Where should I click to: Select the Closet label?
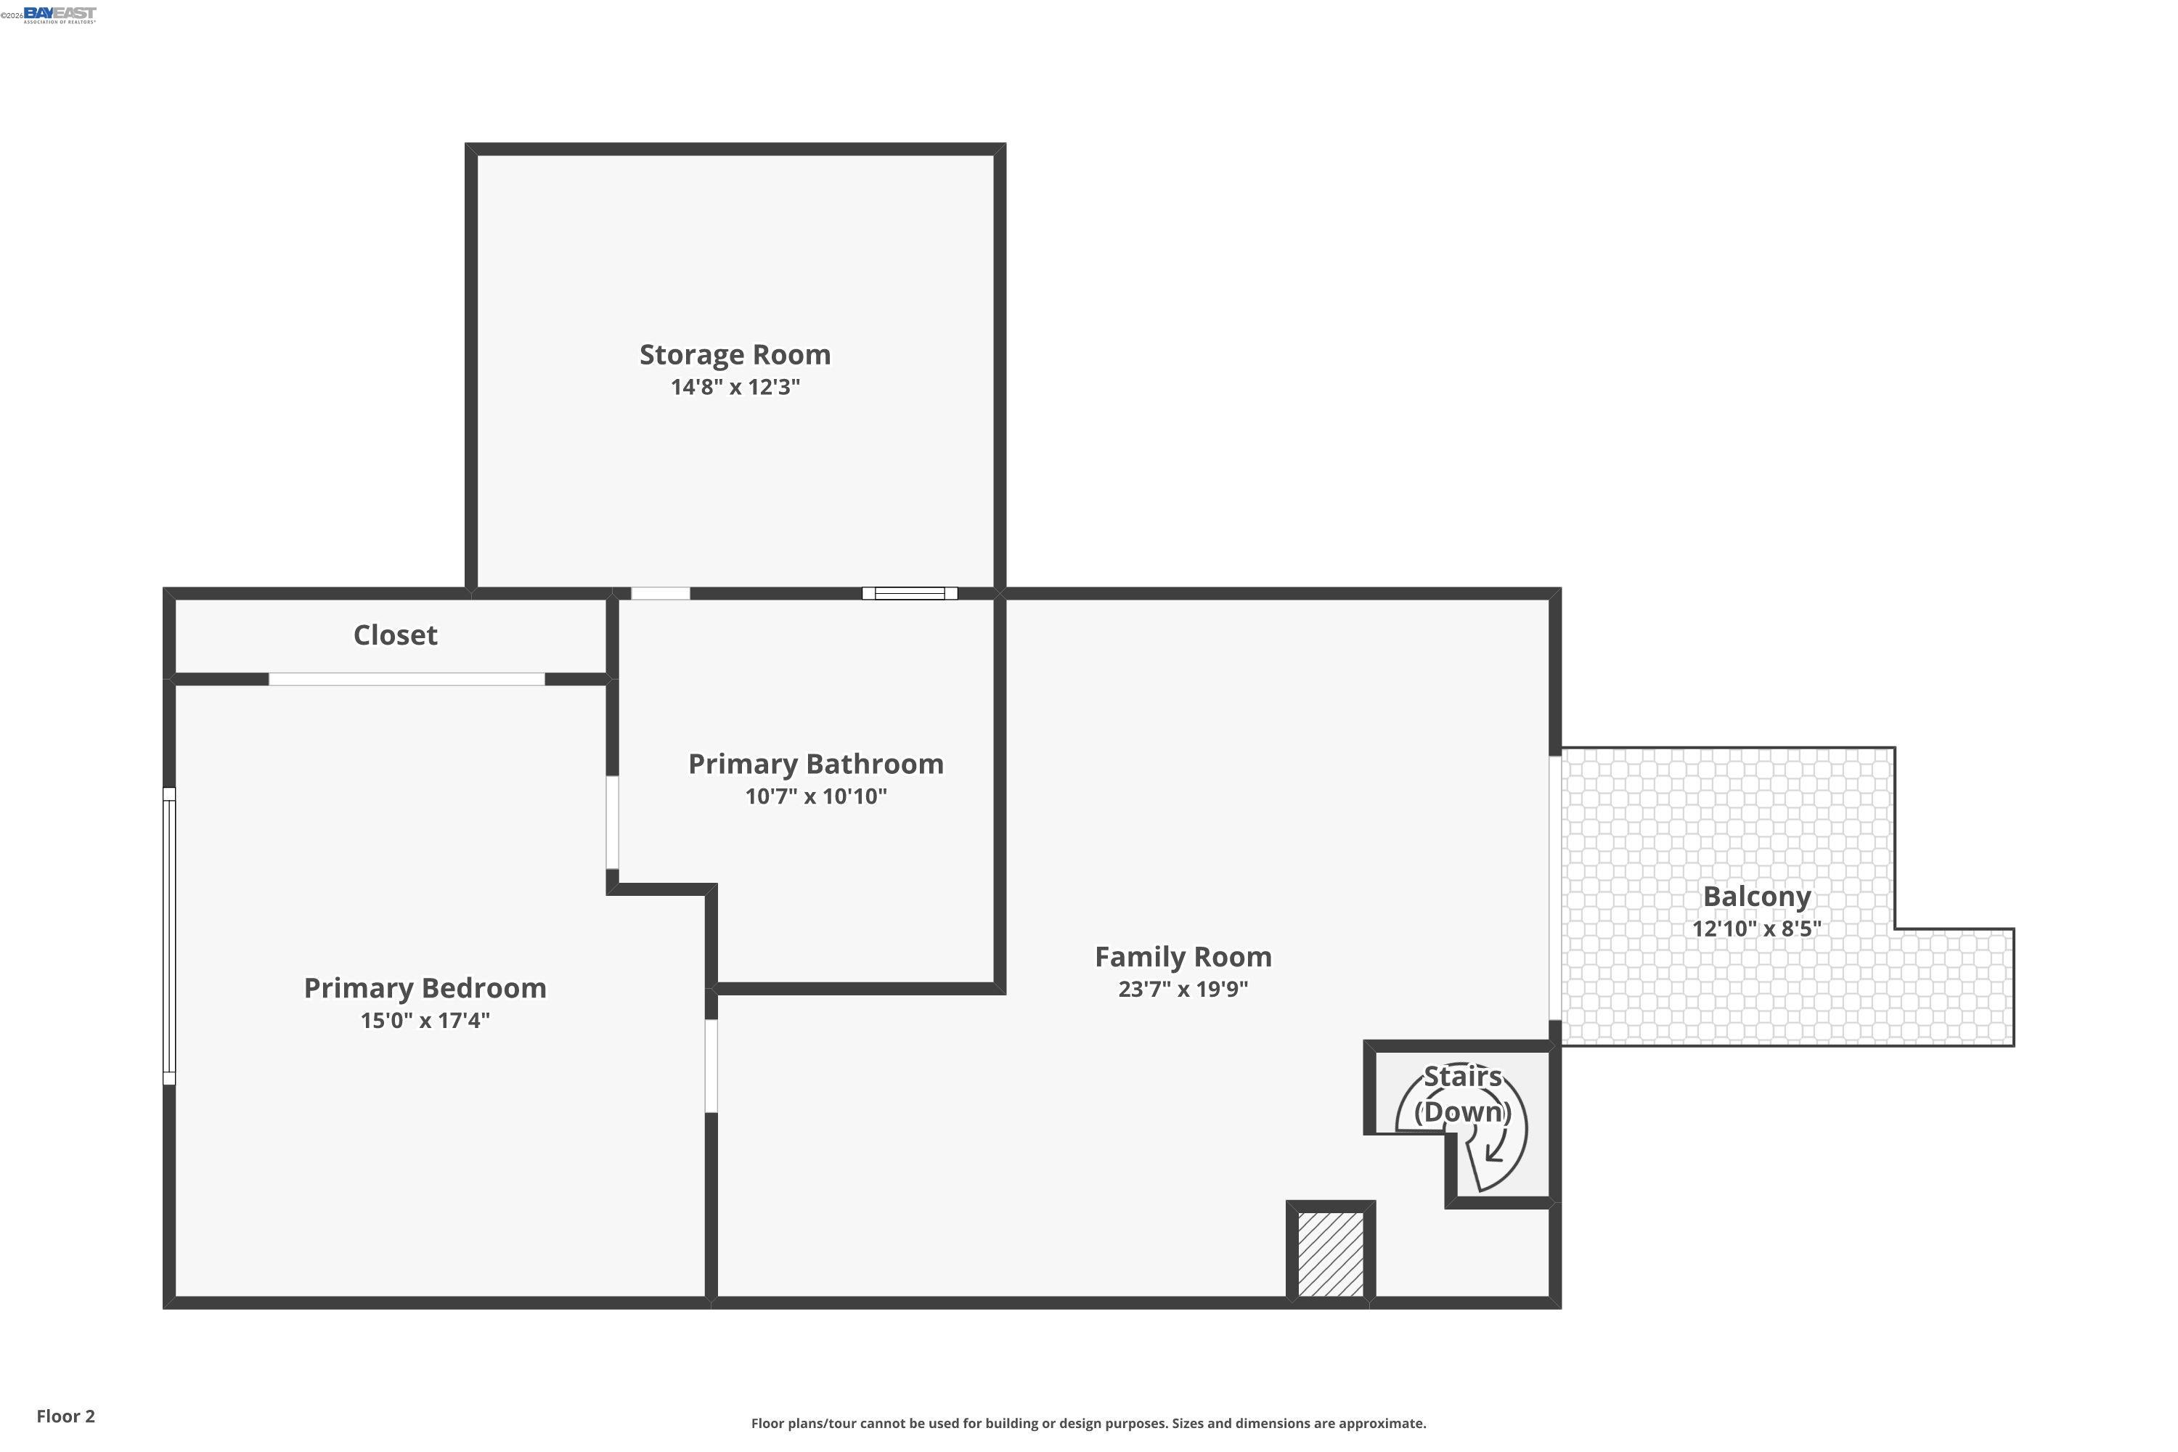[396, 635]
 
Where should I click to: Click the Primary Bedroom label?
[425, 988]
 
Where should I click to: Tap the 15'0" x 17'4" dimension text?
[425, 1021]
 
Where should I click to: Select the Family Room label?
[1183, 957]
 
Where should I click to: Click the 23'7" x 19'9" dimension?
[1183, 989]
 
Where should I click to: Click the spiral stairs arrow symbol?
[1493, 1151]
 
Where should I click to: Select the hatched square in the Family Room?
[1330, 1255]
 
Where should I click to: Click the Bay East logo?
[60, 14]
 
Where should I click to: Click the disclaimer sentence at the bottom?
[1088, 1423]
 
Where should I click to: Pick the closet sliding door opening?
[406, 680]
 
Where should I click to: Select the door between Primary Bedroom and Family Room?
[711, 1066]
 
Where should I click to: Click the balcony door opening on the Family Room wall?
[1555, 888]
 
